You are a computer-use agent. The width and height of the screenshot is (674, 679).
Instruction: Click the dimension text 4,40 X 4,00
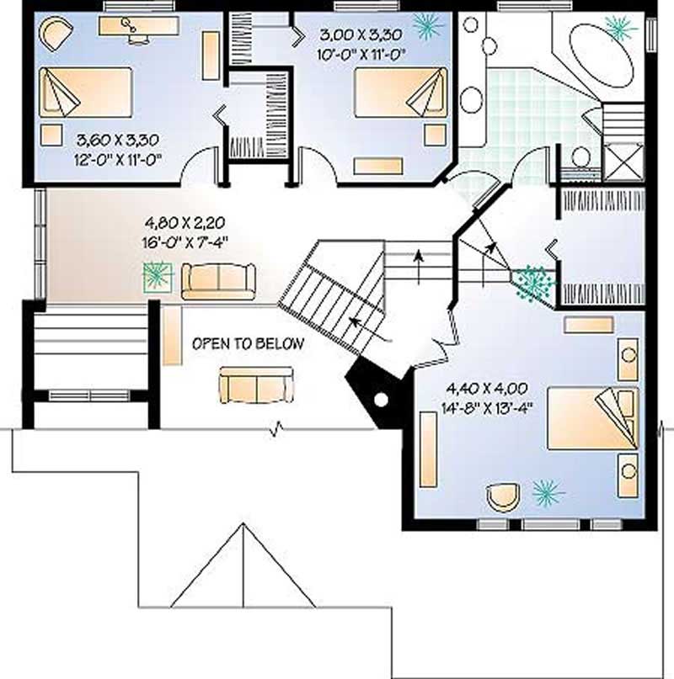pyautogui.click(x=487, y=389)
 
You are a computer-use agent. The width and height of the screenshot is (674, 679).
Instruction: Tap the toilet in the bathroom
pyautogui.click(x=580, y=156)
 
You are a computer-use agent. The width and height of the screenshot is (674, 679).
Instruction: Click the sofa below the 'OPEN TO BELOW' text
pyautogui.click(x=256, y=384)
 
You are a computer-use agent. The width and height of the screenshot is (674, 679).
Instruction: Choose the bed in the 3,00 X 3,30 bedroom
pyautogui.click(x=399, y=93)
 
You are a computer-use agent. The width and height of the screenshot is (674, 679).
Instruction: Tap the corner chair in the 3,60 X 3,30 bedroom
pyautogui.click(x=57, y=35)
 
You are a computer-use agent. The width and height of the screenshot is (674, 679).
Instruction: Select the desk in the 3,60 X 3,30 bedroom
pyautogui.click(x=138, y=26)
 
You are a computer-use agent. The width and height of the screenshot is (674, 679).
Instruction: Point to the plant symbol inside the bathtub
pyautogui.click(x=621, y=28)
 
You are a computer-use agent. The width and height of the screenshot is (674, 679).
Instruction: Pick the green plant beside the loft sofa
pyautogui.click(x=157, y=275)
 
